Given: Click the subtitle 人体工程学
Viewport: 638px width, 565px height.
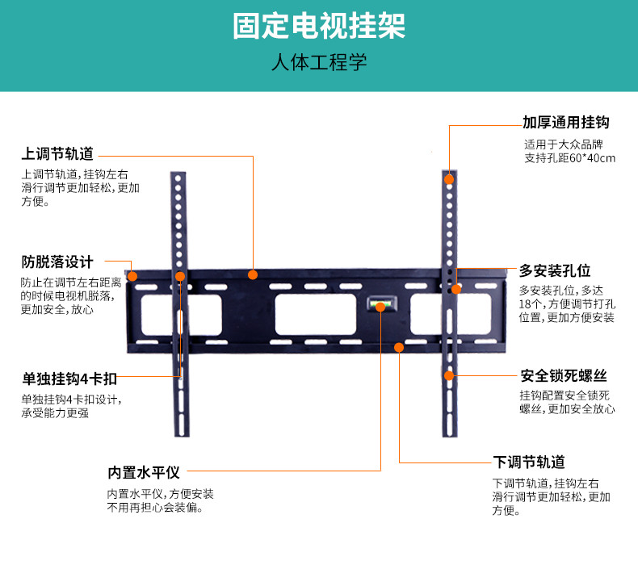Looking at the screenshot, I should [319, 64].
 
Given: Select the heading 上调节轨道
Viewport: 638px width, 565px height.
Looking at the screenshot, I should [57, 153].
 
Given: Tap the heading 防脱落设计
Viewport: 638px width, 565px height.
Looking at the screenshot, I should [57, 262].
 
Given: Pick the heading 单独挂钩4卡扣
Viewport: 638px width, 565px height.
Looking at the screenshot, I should [69, 377].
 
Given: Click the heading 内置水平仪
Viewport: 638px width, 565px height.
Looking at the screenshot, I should [143, 472].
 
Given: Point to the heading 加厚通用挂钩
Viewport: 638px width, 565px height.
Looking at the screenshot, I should [565, 123].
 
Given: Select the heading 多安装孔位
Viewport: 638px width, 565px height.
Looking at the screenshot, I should [555, 270].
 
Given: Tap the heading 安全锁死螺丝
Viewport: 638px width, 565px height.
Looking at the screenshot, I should [563, 376].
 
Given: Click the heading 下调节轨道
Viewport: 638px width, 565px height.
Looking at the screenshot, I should [528, 462].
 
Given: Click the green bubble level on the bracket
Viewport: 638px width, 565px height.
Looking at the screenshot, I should [379, 305].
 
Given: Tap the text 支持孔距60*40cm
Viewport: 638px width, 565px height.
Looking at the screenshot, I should [569, 158].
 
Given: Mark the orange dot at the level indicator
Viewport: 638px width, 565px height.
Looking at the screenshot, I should [380, 308].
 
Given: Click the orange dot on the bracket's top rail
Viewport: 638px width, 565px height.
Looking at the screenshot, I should [253, 274].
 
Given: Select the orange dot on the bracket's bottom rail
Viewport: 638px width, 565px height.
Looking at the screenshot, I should [399, 347].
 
